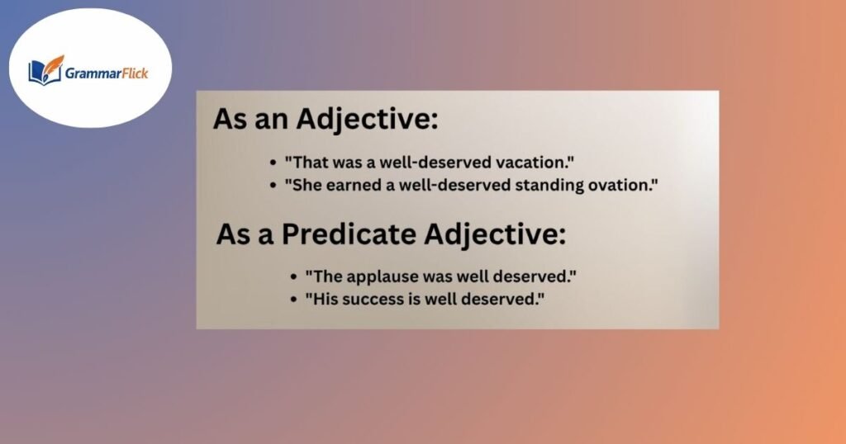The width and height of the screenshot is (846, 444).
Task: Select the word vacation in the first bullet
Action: [x=530, y=163]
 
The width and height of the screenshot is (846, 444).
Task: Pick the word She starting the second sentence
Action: [x=307, y=185]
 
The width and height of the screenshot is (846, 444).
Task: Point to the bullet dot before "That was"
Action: [x=273, y=164]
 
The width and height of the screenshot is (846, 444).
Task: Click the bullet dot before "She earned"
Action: [x=273, y=186]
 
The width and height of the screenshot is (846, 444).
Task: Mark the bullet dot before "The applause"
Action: [x=295, y=276]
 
